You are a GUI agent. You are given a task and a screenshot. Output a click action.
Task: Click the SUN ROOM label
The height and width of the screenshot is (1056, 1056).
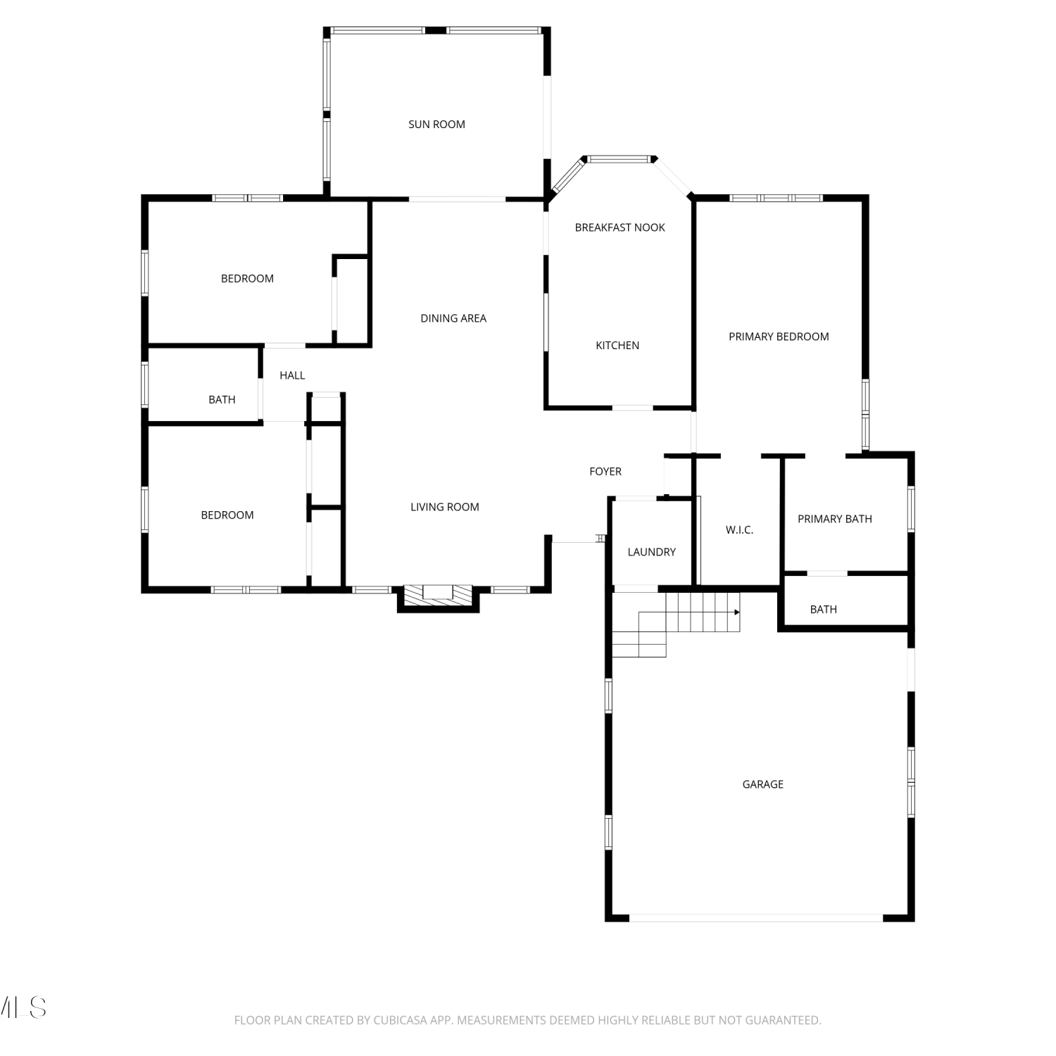436,125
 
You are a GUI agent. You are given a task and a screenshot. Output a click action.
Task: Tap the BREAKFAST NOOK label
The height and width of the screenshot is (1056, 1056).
620,227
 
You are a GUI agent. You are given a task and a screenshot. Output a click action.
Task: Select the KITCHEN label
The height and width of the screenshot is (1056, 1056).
617,346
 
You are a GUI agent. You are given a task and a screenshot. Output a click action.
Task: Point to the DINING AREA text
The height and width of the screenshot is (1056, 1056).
453,318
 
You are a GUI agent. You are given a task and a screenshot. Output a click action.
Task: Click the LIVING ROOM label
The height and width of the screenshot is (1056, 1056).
445,507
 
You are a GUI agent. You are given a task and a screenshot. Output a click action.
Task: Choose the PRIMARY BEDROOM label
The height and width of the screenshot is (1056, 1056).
779,337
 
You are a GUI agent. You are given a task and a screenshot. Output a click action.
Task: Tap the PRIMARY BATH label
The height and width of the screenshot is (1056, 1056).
835,519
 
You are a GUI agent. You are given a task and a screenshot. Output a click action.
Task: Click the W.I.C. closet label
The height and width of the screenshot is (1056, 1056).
739,530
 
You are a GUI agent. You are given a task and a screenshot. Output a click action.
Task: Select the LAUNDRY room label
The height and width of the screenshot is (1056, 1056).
651,552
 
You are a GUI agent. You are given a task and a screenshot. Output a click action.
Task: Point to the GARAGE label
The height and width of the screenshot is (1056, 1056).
763,784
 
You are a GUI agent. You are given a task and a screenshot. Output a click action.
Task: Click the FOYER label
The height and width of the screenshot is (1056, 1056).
605,472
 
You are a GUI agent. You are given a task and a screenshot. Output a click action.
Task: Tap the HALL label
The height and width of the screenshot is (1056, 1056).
292,375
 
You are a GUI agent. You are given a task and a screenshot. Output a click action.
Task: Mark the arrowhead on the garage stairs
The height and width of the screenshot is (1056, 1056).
737,612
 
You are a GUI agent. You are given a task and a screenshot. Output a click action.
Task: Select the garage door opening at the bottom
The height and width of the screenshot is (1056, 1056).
756,918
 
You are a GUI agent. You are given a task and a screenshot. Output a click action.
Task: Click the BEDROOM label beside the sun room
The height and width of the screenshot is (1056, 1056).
247,279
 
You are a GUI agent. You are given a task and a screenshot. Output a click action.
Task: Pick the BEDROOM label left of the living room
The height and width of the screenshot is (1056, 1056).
227,515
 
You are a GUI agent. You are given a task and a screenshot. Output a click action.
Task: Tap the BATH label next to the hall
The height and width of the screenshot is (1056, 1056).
222,400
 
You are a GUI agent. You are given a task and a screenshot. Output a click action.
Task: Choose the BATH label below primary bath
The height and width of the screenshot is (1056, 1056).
824,610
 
